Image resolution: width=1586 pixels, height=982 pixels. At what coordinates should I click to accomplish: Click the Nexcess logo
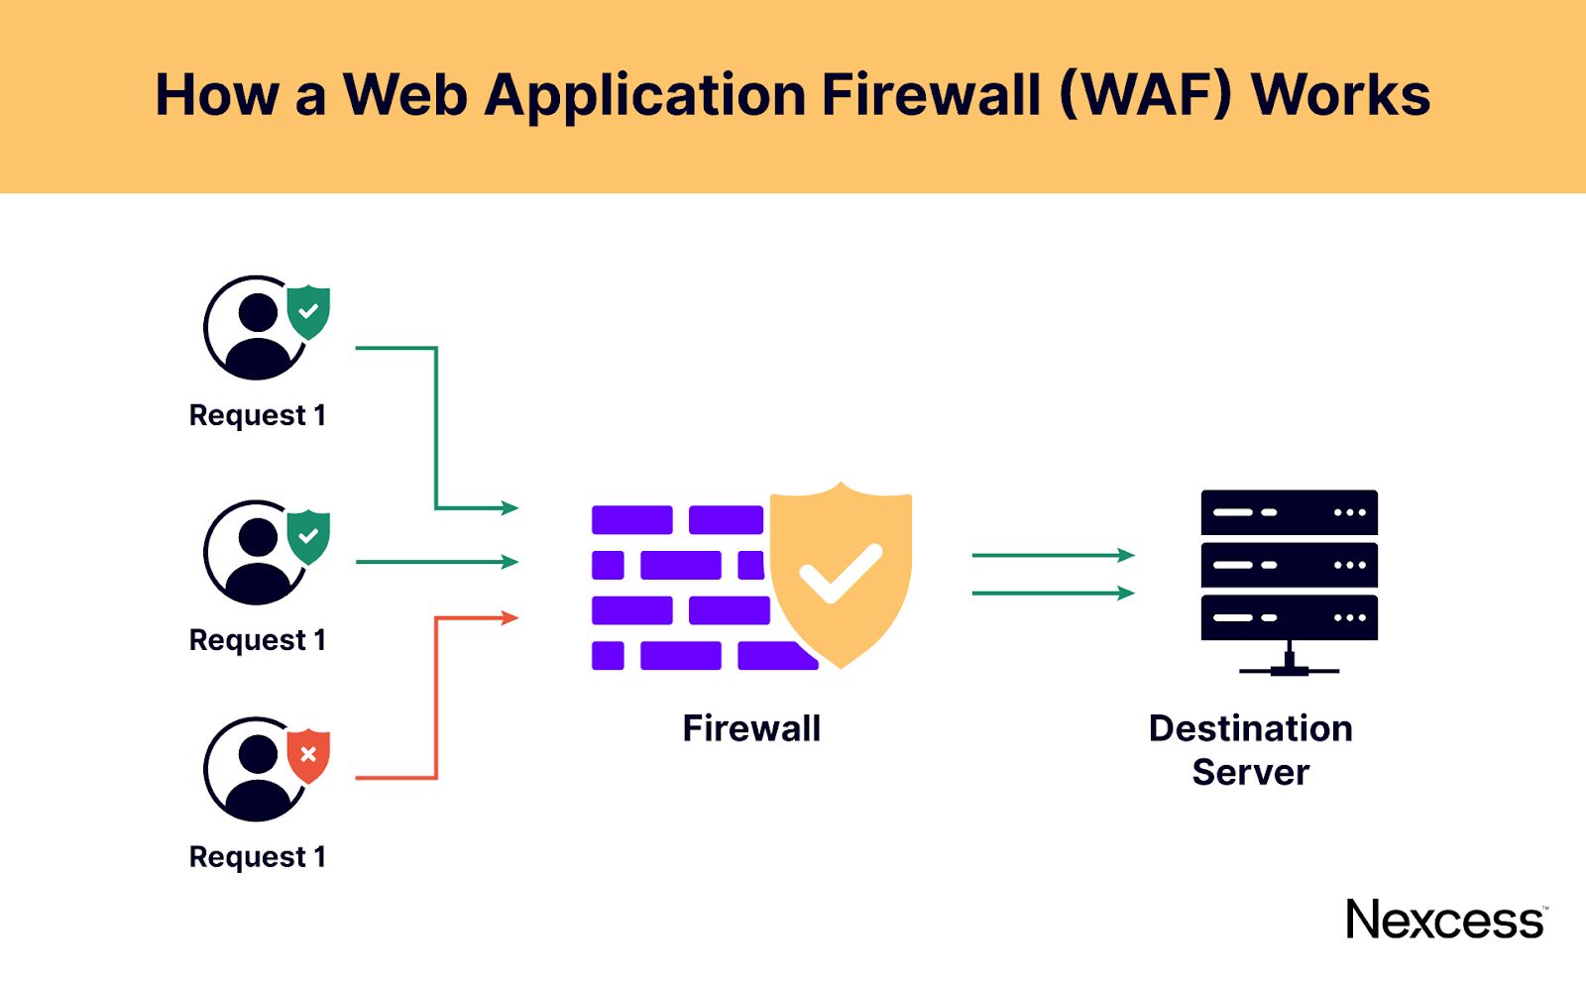tap(1444, 920)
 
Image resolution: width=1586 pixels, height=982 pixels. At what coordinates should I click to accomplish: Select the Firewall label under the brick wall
tap(751, 728)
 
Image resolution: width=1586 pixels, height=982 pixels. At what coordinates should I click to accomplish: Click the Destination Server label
tap(1250, 750)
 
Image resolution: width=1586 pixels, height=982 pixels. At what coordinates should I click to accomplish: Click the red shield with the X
tap(308, 755)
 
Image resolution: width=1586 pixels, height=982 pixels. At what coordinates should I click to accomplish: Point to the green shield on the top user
tap(308, 311)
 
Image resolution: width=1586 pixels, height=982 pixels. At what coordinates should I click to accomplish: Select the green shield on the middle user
tap(308, 536)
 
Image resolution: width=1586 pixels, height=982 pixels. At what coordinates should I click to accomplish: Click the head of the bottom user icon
tap(258, 754)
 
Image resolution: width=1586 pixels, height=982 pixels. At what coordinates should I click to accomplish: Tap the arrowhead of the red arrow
tap(510, 618)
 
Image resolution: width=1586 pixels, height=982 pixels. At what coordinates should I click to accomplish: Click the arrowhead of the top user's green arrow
tap(510, 508)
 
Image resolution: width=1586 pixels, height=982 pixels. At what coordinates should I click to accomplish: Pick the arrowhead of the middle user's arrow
tap(510, 562)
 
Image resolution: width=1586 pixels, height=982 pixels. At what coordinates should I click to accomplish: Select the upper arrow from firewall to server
tap(1053, 555)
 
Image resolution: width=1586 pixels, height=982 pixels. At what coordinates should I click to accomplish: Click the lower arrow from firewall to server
tap(1053, 594)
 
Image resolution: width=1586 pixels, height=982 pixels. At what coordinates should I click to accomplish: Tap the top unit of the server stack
tap(1289, 512)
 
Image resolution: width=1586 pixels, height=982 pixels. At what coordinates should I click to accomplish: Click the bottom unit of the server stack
tap(1289, 617)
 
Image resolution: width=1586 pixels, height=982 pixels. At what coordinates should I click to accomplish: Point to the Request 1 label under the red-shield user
tap(257, 856)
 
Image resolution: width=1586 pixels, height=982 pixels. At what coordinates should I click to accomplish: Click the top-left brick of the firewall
tap(631, 519)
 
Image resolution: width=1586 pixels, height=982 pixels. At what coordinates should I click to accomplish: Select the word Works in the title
tap(1340, 95)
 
